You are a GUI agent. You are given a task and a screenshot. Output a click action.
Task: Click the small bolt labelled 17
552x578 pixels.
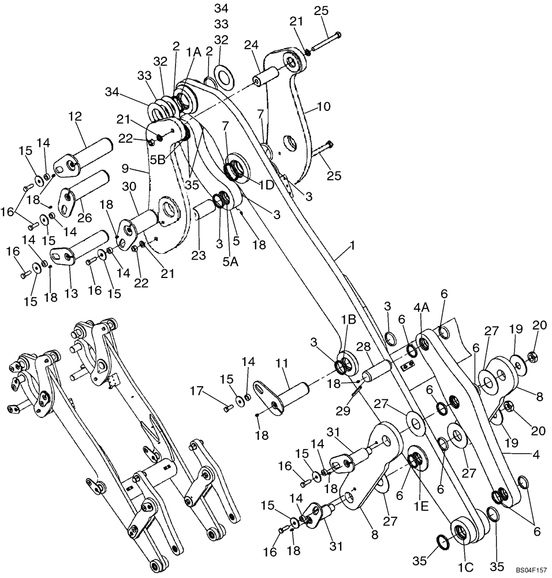coord(227,408)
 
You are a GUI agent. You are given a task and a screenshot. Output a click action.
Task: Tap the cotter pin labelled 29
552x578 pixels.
coord(356,391)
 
